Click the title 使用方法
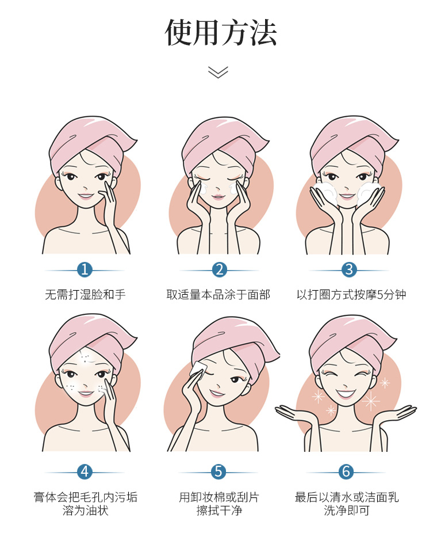pos(220,33)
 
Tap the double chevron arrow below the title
pos(218,72)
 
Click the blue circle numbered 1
pos(85,269)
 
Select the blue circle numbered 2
pos(220,269)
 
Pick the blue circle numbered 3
pos(349,269)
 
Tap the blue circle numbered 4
pos(85,472)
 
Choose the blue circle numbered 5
pos(218,472)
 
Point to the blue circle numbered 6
pos(346,472)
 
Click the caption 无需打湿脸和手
pos(85,295)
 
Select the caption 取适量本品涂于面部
pos(218,295)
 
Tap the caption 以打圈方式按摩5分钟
pos(351,295)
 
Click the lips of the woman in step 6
pos(346,394)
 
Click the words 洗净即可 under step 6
pos(346,511)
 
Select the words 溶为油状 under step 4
pos(85,511)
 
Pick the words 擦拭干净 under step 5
pos(219,511)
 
